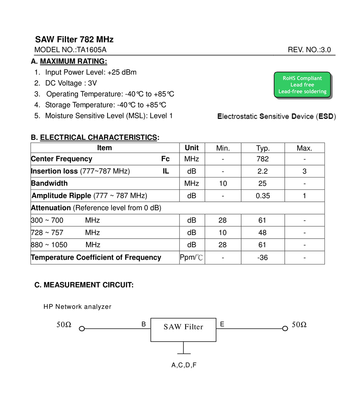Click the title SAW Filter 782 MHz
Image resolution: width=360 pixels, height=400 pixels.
74,40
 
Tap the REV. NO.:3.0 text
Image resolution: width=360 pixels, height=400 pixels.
309,50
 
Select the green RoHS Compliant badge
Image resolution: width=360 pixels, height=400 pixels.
302,85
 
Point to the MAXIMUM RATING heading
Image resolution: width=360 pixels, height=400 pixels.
74,62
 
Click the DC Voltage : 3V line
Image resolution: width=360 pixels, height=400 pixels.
71,83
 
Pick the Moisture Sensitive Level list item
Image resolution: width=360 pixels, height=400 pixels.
109,116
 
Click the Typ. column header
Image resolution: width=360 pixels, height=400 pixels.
263,148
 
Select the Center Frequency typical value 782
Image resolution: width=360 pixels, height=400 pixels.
263,159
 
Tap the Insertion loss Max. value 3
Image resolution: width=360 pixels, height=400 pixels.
304,171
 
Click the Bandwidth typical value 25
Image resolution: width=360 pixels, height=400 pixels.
263,184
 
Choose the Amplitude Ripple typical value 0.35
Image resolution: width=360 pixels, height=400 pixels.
263,196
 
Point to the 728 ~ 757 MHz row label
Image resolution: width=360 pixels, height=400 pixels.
65,233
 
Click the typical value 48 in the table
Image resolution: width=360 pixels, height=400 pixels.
263,233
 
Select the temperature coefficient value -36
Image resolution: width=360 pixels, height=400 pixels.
263,258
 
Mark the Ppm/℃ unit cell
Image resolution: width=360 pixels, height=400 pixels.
192,258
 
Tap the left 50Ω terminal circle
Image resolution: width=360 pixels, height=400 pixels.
82,329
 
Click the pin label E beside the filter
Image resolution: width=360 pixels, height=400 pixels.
222,324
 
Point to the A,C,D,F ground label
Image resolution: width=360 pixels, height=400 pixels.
184,365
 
